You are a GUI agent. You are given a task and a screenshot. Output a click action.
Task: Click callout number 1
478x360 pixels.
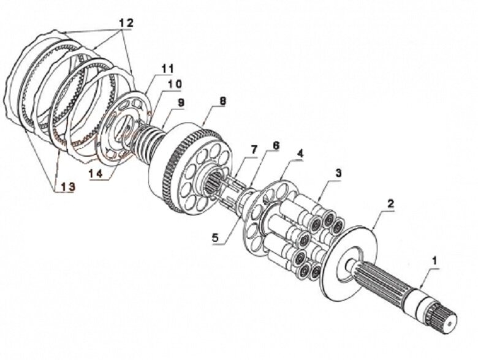click(x=434, y=260)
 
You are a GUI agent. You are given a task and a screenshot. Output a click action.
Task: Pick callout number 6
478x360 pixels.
click(x=276, y=146)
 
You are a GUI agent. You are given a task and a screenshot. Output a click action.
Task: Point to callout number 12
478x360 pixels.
click(x=125, y=21)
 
